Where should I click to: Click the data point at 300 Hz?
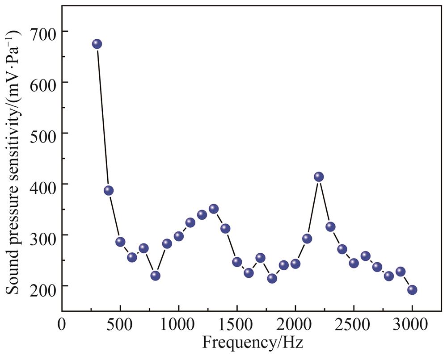(x=97, y=44)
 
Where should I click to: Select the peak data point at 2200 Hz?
(x=319, y=177)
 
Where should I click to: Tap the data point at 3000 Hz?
(x=412, y=290)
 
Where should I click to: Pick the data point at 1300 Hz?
(x=214, y=209)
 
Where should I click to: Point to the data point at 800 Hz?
(x=156, y=276)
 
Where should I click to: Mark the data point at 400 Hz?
(x=109, y=191)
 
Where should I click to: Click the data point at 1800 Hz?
(x=272, y=278)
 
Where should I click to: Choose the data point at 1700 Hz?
(x=261, y=258)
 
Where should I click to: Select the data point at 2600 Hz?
(x=366, y=256)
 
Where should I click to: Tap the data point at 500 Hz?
(x=120, y=242)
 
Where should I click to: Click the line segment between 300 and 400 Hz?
(x=103, y=117)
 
